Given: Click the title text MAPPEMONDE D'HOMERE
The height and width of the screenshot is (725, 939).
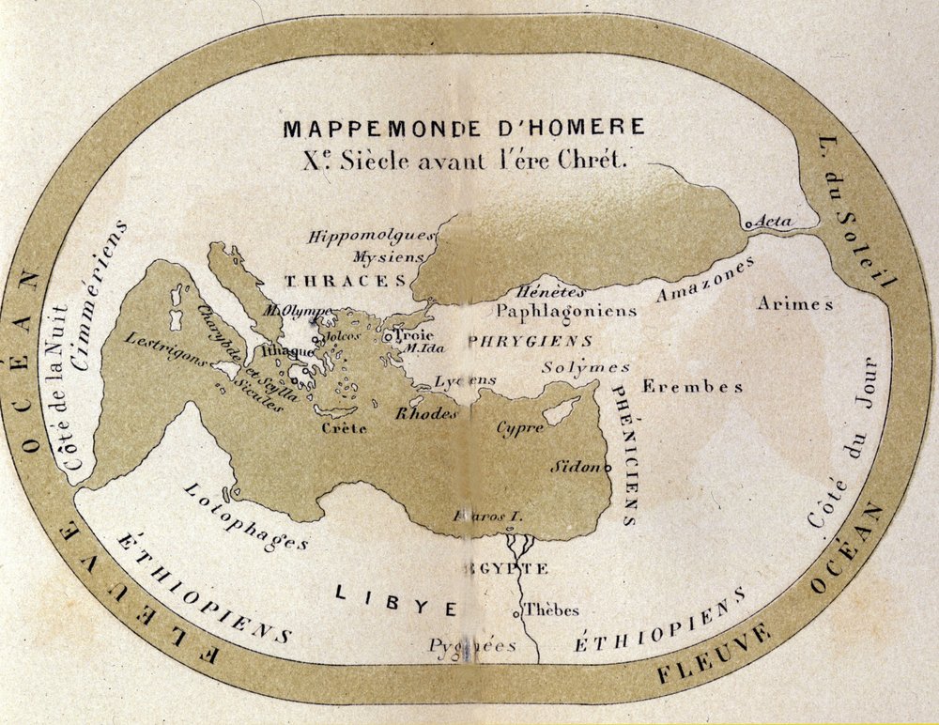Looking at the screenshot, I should (x=464, y=128).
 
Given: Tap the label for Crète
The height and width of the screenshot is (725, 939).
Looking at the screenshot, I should (x=344, y=428).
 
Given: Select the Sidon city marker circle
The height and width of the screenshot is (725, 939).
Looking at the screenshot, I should (x=608, y=468).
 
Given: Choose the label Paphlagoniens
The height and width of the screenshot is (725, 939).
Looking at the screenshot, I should (x=566, y=310).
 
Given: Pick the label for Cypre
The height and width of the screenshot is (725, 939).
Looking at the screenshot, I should (x=520, y=428).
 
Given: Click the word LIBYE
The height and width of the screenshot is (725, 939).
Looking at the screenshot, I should (x=396, y=601).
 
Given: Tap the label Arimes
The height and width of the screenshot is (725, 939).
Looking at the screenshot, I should (x=795, y=303).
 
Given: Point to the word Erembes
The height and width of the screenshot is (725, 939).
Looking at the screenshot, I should (x=692, y=386).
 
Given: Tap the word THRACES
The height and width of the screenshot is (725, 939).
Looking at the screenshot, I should (x=346, y=281).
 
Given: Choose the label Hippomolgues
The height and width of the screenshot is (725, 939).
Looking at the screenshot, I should (x=371, y=236).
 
